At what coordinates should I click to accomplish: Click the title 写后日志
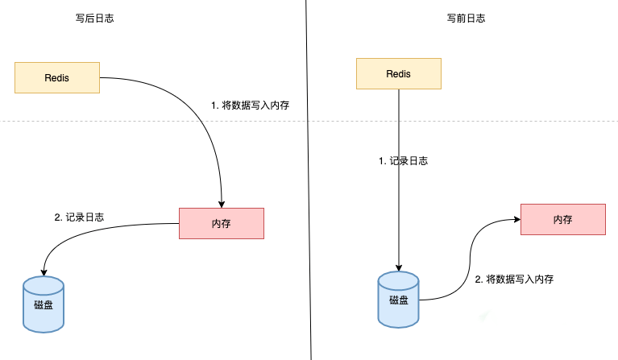click(94, 18)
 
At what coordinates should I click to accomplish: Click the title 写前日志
click(466, 18)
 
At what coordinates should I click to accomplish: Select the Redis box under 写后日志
click(57, 77)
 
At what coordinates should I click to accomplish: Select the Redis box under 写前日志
click(399, 73)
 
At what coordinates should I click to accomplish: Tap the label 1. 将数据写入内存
click(251, 106)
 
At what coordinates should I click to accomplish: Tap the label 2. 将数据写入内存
click(514, 279)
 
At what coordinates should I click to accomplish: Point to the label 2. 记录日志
click(79, 217)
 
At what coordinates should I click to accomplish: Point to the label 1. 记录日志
click(403, 161)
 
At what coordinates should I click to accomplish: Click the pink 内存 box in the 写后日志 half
click(222, 223)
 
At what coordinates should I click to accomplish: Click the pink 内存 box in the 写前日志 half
click(563, 219)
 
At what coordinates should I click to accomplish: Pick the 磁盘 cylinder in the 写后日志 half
click(44, 304)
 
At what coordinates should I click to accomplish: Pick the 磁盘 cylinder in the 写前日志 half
click(399, 300)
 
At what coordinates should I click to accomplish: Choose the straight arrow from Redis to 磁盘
click(399, 180)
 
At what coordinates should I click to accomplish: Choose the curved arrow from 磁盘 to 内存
click(470, 260)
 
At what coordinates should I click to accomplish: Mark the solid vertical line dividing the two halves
click(309, 180)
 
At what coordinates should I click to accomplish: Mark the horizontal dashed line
click(309, 121)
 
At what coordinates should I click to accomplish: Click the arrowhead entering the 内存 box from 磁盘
click(517, 219)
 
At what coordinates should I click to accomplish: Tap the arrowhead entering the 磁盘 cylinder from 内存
click(44, 272)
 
